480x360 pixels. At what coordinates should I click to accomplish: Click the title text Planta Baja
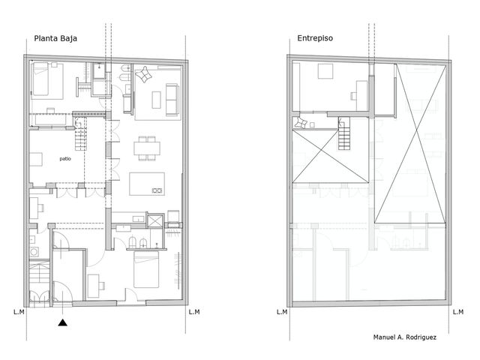pos(55,38)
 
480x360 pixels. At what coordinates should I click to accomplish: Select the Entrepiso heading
pos(315,38)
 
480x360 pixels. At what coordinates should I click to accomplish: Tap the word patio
pos(65,158)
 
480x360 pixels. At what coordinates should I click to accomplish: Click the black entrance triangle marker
pos(63,322)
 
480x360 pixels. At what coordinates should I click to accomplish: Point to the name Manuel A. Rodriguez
pos(405,337)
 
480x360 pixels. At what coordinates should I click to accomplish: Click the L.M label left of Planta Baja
pos(19,312)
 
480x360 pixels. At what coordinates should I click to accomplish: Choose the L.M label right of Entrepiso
pos(458,312)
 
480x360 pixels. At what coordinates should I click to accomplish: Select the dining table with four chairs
pos(147,148)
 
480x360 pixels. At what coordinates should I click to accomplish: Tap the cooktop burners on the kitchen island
pos(157,190)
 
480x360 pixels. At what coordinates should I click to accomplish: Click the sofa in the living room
pos(172,100)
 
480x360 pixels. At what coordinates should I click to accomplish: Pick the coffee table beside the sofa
pos(157,100)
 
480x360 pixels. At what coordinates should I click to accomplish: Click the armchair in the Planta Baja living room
pos(143,74)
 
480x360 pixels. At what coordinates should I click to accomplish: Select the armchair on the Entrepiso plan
pos(301,122)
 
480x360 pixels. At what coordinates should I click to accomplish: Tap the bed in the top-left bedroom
pos(40,79)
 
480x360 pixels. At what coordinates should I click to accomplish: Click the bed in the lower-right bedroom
pos(146,269)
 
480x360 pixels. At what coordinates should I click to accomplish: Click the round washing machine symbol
pos(34,252)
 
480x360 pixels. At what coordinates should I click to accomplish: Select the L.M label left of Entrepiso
pos(282,312)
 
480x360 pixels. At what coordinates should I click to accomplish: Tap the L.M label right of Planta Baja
pos(194,312)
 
